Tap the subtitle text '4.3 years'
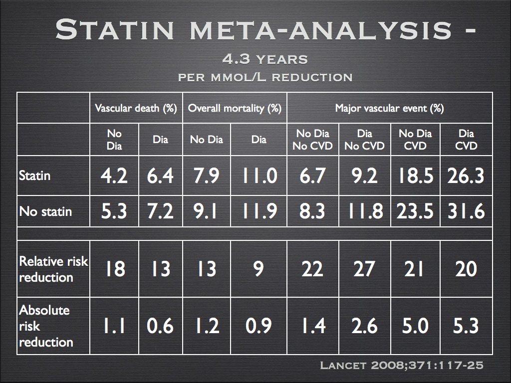(x=265, y=59)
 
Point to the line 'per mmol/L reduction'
(x=265, y=77)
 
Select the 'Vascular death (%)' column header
(x=136, y=108)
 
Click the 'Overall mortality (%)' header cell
(x=235, y=108)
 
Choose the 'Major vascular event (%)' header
(x=389, y=108)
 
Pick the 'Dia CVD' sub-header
(x=466, y=140)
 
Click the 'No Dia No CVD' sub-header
(x=312, y=140)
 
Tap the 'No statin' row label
(x=45, y=211)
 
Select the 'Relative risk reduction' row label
(x=53, y=269)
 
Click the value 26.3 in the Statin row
(x=466, y=176)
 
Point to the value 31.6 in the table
(x=466, y=211)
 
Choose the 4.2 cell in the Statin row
(x=115, y=176)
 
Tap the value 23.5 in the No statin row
(x=415, y=211)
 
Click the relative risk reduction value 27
(x=364, y=269)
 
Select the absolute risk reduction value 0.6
(x=160, y=326)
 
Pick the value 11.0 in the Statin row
(x=259, y=176)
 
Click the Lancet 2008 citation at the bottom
(x=401, y=366)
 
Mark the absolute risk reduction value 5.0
(x=415, y=326)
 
